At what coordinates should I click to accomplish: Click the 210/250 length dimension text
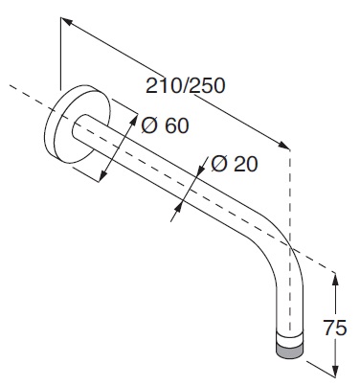pyautogui.click(x=186, y=85)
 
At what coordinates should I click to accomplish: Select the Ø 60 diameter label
pyautogui.click(x=165, y=125)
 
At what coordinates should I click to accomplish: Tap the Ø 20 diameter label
pyautogui.click(x=235, y=165)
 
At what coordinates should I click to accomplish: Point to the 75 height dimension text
pyautogui.click(x=335, y=328)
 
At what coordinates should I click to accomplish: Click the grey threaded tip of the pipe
pyautogui.click(x=290, y=350)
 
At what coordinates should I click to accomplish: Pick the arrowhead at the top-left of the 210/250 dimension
pyautogui.click(x=68, y=22)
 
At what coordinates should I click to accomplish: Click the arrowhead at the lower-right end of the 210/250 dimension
pyautogui.click(x=282, y=145)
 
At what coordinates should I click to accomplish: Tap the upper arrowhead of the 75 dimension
pyautogui.click(x=335, y=280)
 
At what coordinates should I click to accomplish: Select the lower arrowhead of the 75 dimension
pyautogui.click(x=335, y=370)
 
